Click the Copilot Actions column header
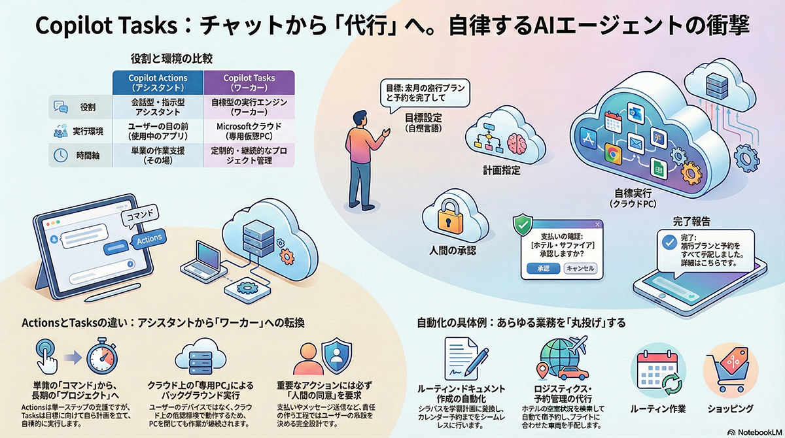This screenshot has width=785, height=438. click(x=158, y=82)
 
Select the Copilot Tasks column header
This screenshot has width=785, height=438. click(x=249, y=82)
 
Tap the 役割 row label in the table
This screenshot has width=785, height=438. click(x=87, y=107)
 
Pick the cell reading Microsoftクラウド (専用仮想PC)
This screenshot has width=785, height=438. click(x=249, y=130)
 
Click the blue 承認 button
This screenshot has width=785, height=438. click(x=542, y=268)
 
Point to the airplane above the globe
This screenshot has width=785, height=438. click(x=576, y=344)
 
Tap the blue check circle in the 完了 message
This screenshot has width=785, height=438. click(x=669, y=242)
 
